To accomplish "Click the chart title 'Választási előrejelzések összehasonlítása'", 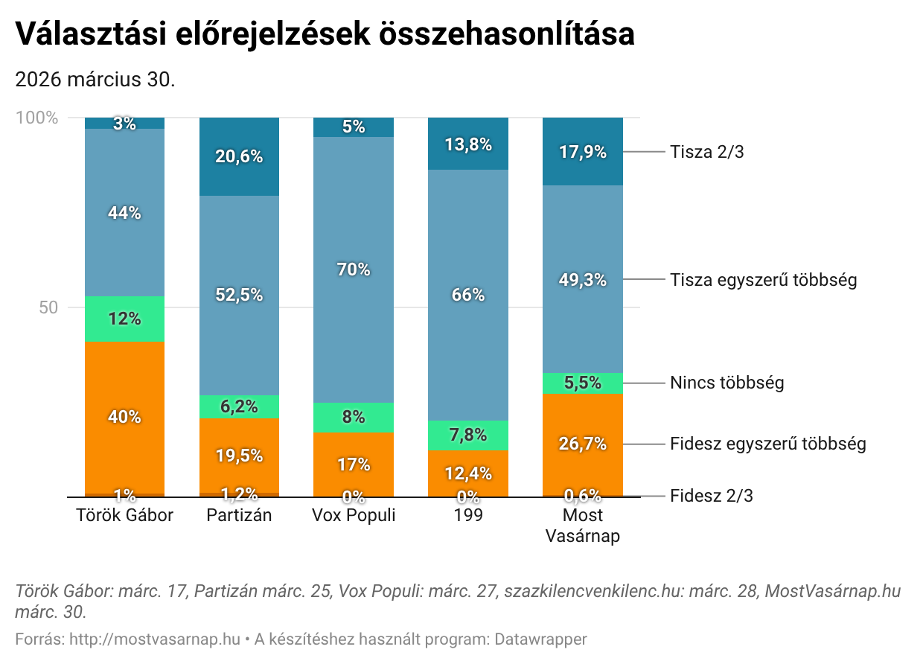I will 325,34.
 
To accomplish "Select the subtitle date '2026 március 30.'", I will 95,80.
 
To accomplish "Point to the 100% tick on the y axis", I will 36,118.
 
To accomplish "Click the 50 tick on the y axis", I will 48,307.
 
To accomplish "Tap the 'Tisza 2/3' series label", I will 706,152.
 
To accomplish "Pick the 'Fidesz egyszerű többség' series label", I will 767,444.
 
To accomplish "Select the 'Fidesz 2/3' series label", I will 711,496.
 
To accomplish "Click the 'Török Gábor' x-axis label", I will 124,515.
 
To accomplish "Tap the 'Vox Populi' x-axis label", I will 353,515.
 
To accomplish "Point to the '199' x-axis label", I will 467,515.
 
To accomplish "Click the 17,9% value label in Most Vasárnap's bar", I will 583,152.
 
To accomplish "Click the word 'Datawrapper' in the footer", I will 540,639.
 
